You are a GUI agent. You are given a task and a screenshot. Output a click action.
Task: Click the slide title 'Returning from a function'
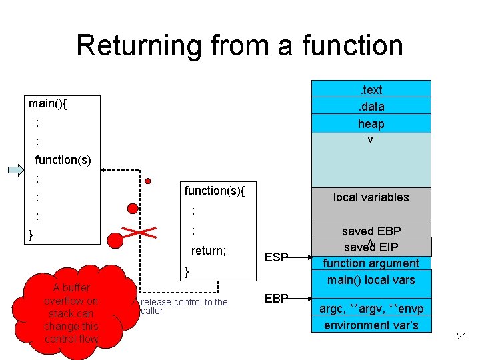tap(239, 45)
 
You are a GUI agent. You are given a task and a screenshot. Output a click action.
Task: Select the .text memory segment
tap(371, 89)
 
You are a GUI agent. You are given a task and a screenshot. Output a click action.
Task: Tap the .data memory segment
tap(371, 106)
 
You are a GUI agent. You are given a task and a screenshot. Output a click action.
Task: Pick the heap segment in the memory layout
tap(371, 123)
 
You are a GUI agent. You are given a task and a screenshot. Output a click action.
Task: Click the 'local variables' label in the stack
tap(371, 197)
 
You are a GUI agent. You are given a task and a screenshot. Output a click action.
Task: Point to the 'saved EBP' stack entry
tap(371, 231)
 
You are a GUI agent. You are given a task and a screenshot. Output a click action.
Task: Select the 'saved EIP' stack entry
tap(371, 247)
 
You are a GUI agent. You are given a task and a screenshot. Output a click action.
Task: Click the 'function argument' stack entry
tap(371, 263)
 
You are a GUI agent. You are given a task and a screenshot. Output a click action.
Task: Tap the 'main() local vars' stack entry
tap(371, 280)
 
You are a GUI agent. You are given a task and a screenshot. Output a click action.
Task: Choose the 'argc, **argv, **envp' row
tap(371, 309)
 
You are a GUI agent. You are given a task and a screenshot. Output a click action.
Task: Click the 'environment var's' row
tap(371, 325)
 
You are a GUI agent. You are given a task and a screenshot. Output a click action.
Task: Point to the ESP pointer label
tap(277, 257)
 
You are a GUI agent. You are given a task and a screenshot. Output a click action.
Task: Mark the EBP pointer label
tap(277, 298)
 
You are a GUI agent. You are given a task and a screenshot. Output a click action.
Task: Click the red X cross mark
tap(139, 233)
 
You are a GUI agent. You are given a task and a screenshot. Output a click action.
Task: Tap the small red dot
tap(148, 181)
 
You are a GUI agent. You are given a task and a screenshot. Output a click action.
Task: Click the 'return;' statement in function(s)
tap(209, 251)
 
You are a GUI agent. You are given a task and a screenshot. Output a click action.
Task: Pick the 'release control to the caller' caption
tap(184, 306)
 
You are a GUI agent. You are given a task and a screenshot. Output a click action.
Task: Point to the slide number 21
tap(462, 337)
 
